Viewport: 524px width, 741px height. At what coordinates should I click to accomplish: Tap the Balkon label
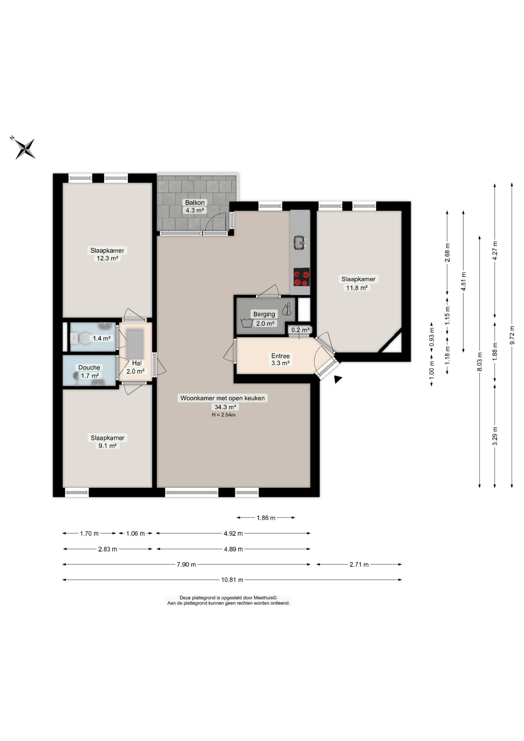point(195,203)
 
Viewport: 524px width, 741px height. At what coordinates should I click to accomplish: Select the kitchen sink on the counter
point(300,242)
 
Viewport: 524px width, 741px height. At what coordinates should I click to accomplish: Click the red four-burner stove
point(301,277)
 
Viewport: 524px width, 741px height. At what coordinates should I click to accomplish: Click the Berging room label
point(264,314)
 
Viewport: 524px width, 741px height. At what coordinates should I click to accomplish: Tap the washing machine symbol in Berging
point(245,322)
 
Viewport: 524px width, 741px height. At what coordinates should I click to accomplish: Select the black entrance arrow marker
point(338,379)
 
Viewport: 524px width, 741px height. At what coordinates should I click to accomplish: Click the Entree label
point(281,356)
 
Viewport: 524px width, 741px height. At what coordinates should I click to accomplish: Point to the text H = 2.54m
point(223,415)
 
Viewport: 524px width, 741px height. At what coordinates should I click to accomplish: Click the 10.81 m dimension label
point(232,580)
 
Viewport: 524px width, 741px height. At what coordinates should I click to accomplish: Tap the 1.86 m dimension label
point(266,518)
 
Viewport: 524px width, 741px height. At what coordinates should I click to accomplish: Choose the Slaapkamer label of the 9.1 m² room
point(108,438)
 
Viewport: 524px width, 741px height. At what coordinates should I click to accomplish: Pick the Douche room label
point(89,367)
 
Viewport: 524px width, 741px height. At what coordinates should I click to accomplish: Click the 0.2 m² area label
point(301,330)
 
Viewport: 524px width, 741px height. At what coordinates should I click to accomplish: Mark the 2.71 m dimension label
point(359,565)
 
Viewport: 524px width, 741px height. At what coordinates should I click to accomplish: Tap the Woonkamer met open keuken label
point(223,398)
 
